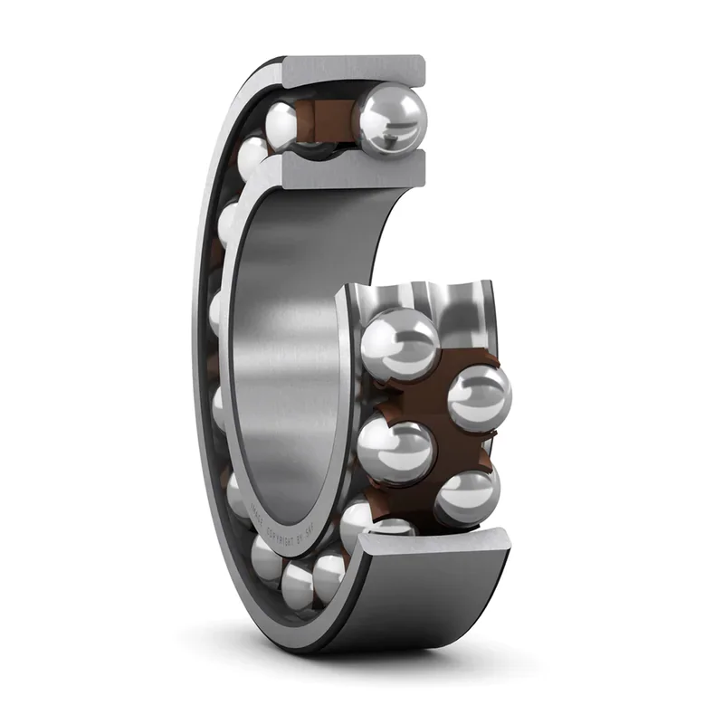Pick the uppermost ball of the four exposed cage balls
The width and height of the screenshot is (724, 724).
tap(399, 343)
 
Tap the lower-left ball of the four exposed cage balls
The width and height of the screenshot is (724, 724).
tap(395, 450)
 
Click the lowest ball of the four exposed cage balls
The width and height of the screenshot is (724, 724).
tap(466, 496)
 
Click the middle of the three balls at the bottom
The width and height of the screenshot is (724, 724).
tap(298, 583)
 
